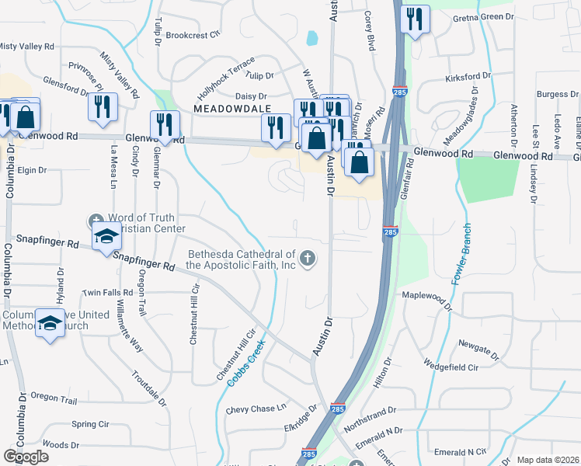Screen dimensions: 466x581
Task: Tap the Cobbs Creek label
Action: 246,363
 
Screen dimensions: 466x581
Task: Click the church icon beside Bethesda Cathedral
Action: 308,259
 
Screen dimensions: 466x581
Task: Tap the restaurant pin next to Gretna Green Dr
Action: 415,19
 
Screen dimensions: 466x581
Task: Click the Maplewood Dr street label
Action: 426,295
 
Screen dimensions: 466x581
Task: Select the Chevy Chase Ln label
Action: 256,409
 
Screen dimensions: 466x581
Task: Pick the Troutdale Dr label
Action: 150,386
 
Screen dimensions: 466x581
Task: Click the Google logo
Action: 26,457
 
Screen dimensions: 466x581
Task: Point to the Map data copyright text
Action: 548,460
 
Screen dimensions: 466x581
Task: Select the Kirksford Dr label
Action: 468,78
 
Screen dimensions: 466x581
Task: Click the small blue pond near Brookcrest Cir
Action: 312,37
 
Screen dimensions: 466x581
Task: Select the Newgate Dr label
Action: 482,343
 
